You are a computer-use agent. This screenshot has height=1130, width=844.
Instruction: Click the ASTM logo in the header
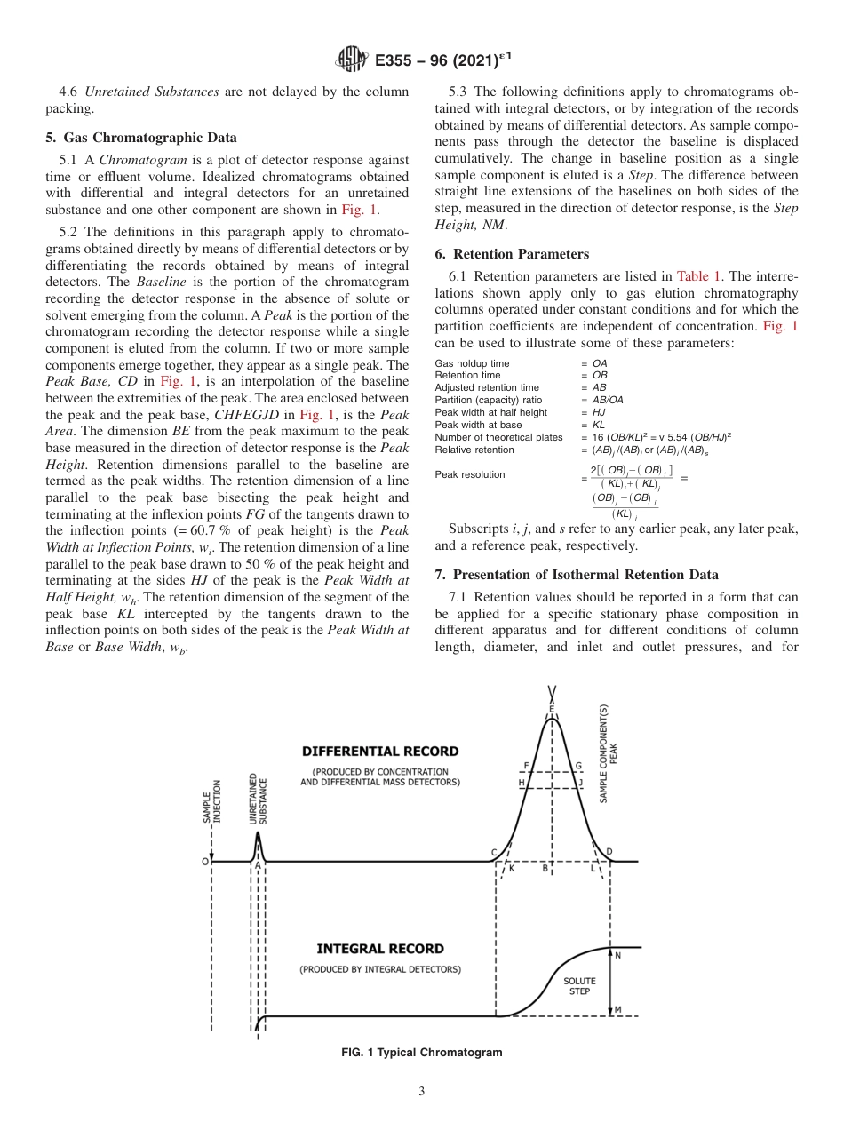(x=352, y=60)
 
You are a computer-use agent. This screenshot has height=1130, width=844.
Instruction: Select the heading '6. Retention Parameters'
(x=512, y=254)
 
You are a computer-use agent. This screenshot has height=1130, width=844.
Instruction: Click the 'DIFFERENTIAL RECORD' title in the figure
(x=380, y=751)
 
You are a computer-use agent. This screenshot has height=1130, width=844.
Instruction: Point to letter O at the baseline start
(x=204, y=861)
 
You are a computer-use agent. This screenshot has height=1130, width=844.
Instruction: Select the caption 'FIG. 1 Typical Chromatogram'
(x=421, y=1053)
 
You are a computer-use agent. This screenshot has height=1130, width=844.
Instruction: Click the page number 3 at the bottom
(x=421, y=1092)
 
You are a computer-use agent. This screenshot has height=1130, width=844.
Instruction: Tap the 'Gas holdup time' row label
(x=472, y=363)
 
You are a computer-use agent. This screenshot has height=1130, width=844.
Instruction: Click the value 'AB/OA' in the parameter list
(x=608, y=400)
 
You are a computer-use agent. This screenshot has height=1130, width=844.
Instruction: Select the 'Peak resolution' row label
(x=469, y=474)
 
